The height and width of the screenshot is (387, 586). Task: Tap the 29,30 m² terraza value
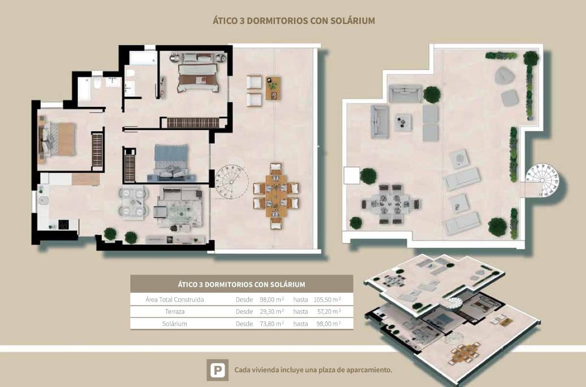click(272, 311)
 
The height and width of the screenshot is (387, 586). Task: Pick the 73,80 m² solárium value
click(272, 323)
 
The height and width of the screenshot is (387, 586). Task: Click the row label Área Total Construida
click(174, 299)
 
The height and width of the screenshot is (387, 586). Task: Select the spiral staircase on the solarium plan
click(545, 179)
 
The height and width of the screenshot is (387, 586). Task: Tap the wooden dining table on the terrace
click(276, 196)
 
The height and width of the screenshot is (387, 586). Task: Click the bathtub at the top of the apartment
click(144, 58)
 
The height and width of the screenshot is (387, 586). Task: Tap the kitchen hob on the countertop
click(63, 224)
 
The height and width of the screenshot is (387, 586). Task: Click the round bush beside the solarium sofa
click(432, 94)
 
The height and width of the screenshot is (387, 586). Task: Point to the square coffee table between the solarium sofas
click(403, 121)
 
